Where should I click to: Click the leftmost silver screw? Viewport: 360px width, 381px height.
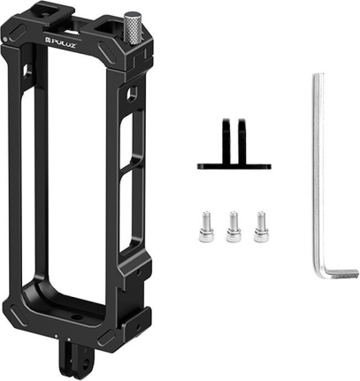[x=206, y=226]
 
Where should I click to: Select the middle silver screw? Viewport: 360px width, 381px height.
[x=234, y=226]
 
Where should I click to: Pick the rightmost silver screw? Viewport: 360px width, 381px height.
[x=261, y=226]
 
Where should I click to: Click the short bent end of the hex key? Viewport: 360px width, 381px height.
[x=342, y=272]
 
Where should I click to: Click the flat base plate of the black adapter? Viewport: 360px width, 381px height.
[x=234, y=166]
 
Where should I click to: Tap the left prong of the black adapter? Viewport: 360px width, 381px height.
[x=226, y=141]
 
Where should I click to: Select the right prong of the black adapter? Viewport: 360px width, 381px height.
[x=242, y=141]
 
